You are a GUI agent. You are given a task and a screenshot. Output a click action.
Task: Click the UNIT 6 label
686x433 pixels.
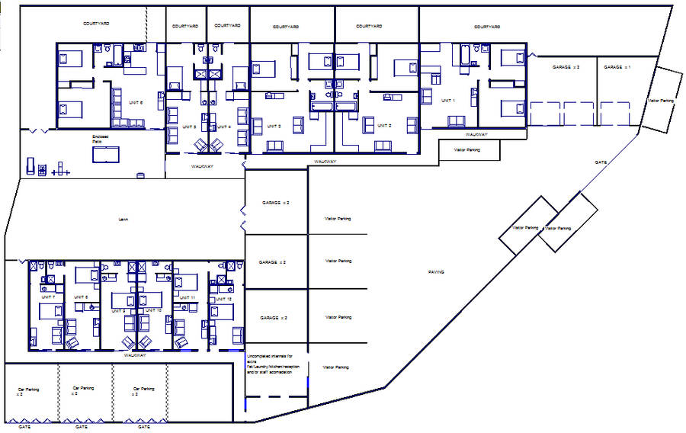pyautogui.click(x=136, y=104)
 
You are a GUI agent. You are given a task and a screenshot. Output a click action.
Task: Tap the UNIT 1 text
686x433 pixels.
pyautogui.click(x=448, y=100)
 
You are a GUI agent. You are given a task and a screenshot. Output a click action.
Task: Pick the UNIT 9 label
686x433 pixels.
pyautogui.click(x=118, y=311)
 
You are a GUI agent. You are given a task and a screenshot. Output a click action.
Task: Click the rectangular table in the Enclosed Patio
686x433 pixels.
pyautogui.click(x=105, y=155)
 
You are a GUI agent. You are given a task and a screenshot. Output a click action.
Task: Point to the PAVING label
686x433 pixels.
pyautogui.click(x=435, y=272)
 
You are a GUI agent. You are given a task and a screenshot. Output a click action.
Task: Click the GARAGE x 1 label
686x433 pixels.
pyautogui.click(x=617, y=68)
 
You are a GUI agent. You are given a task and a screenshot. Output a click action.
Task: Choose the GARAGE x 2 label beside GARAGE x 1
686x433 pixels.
pyautogui.click(x=566, y=68)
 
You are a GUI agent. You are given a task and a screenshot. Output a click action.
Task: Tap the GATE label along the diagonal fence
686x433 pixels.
pyautogui.click(x=601, y=162)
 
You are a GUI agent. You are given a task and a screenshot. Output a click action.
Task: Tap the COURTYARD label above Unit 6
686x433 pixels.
pyautogui.click(x=97, y=24)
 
